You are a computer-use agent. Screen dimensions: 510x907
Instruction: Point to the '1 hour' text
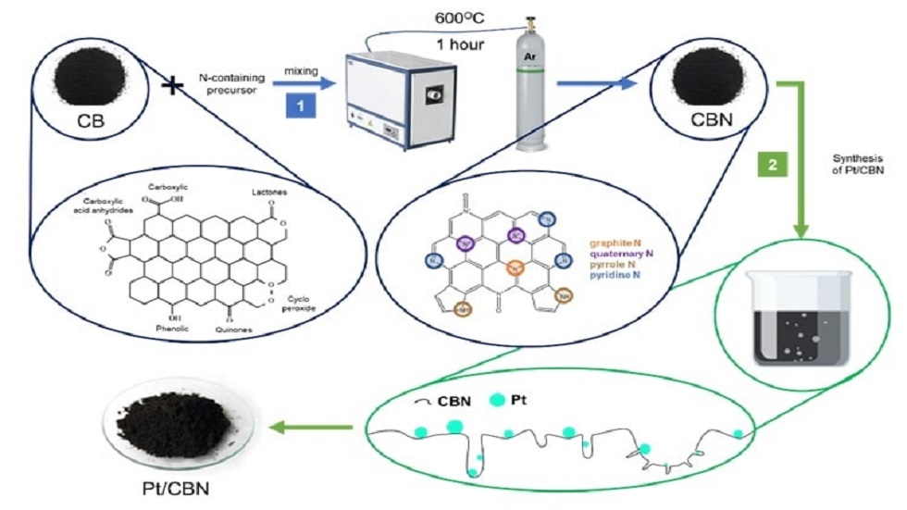[x=462, y=43]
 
